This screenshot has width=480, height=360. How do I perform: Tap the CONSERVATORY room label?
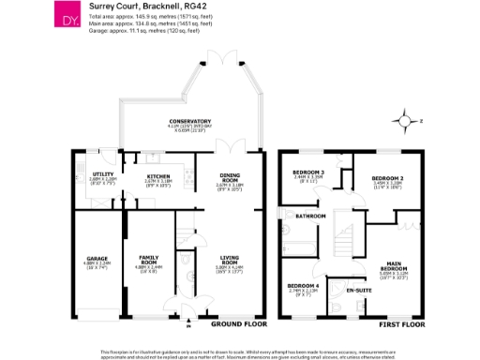189,121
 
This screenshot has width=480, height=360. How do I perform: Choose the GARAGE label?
97,259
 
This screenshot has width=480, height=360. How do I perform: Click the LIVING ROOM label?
230,259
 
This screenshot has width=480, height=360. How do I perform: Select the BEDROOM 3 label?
308,172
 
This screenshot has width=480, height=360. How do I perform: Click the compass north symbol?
405,121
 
